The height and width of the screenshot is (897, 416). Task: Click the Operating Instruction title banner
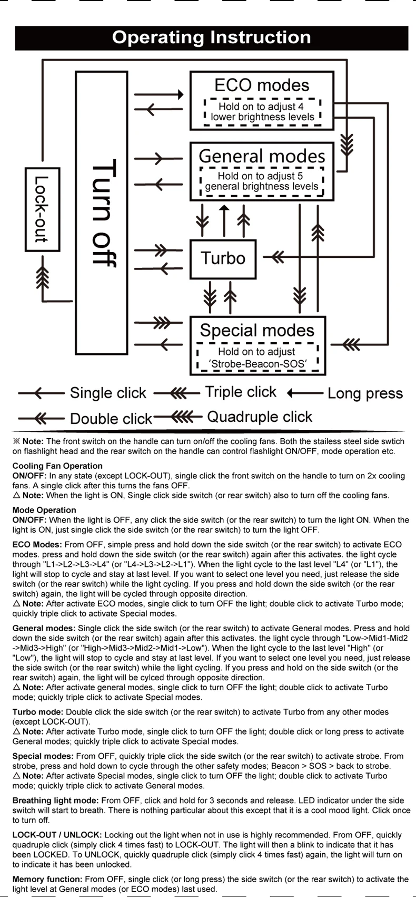click(212, 38)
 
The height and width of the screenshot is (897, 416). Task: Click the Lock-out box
click(43, 209)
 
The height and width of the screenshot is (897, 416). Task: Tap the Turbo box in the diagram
click(223, 259)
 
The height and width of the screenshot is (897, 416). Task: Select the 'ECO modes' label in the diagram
click(262, 85)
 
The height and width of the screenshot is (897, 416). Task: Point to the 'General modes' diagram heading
click(262, 156)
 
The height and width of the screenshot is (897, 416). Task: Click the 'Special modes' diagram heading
click(257, 330)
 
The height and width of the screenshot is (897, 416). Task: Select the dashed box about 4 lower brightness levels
click(262, 112)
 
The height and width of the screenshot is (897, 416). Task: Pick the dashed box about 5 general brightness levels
click(262, 181)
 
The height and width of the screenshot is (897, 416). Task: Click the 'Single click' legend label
click(108, 393)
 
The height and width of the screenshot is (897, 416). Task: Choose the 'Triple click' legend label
click(241, 392)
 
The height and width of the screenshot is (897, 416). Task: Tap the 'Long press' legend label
click(365, 393)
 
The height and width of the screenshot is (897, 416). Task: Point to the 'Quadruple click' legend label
click(260, 417)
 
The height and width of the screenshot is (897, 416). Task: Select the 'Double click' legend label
click(111, 419)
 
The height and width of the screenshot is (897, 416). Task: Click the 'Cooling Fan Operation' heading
click(57, 466)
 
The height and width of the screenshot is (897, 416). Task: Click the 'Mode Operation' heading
click(44, 510)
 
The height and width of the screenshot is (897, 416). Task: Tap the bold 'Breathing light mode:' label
click(55, 800)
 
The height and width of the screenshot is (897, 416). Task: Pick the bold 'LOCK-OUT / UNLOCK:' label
click(57, 835)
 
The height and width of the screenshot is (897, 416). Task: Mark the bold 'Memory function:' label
click(47, 879)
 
